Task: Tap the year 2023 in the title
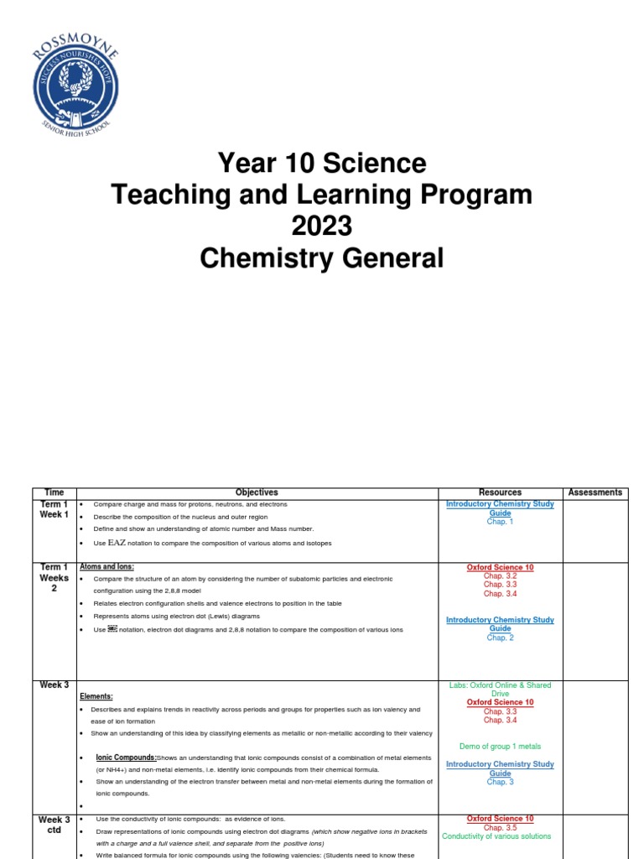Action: coord(322,226)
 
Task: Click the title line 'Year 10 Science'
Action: coord(322,162)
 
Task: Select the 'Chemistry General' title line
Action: coord(322,258)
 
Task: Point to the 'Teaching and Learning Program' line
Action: coord(322,195)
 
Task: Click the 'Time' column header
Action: coord(54,492)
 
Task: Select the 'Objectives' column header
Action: coord(257,492)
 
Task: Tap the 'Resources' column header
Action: coord(500,492)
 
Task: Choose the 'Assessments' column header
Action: coord(595,492)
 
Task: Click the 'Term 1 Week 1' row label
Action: coord(54,509)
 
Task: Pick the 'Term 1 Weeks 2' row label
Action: coord(54,578)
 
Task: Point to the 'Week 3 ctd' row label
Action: coord(54,825)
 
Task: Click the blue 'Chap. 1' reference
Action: coord(500,522)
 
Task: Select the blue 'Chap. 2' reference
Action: coord(500,638)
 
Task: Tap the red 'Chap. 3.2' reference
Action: coord(500,576)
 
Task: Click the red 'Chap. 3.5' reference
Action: coord(500,827)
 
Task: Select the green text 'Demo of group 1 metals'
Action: coord(500,746)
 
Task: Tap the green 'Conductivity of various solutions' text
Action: coord(496,836)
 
